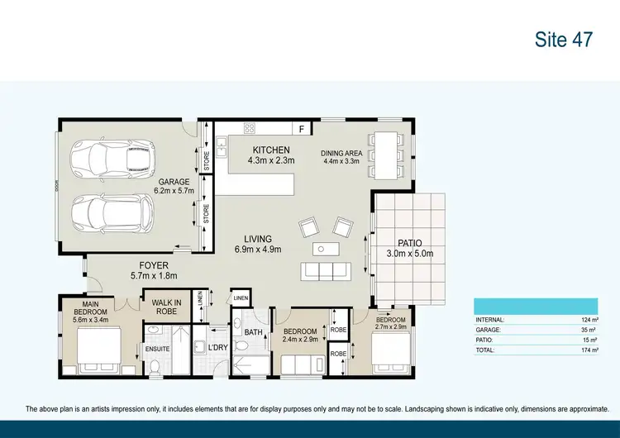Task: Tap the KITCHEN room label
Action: pyautogui.click(x=270, y=150)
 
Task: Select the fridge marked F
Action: pyautogui.click(x=302, y=129)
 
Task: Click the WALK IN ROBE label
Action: pyautogui.click(x=167, y=307)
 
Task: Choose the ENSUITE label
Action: pyautogui.click(x=157, y=349)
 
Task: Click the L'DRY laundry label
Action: pyautogui.click(x=218, y=349)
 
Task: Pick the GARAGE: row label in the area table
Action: pyautogui.click(x=489, y=330)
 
